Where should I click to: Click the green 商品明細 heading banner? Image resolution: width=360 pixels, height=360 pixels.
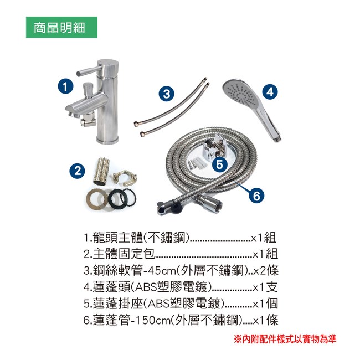61,27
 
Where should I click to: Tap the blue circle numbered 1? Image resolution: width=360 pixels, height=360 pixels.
65,87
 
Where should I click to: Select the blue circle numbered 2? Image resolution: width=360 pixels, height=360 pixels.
78,171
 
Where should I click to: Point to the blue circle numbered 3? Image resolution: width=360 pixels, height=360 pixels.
167,94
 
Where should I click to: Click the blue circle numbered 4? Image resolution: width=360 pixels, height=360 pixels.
270,91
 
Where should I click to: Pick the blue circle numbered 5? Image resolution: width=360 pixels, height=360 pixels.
219,164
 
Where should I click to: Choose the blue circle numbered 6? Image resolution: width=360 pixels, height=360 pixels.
256,196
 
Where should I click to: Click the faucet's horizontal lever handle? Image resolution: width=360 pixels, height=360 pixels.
89,70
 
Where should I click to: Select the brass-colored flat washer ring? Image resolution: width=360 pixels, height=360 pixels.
97,199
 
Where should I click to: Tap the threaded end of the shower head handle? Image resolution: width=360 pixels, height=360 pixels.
278,138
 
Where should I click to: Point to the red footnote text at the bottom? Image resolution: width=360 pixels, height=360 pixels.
285,339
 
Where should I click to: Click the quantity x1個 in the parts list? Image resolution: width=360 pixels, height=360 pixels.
265,304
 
